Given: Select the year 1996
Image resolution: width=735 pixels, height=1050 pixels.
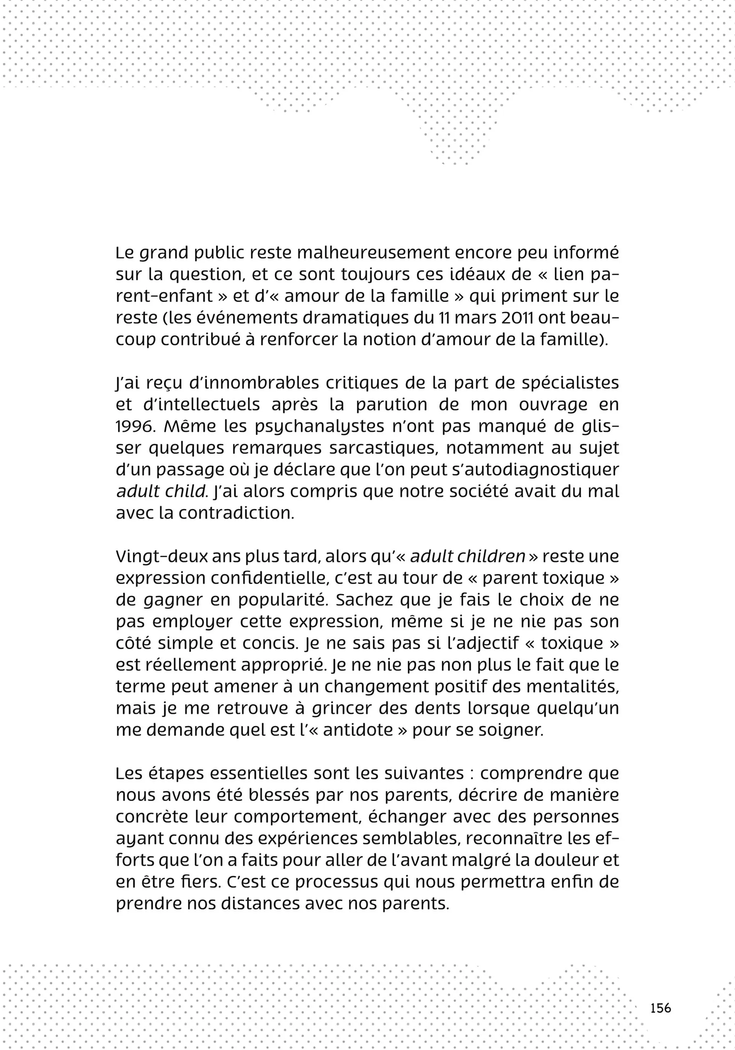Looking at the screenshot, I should pyautogui.click(x=132, y=427).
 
